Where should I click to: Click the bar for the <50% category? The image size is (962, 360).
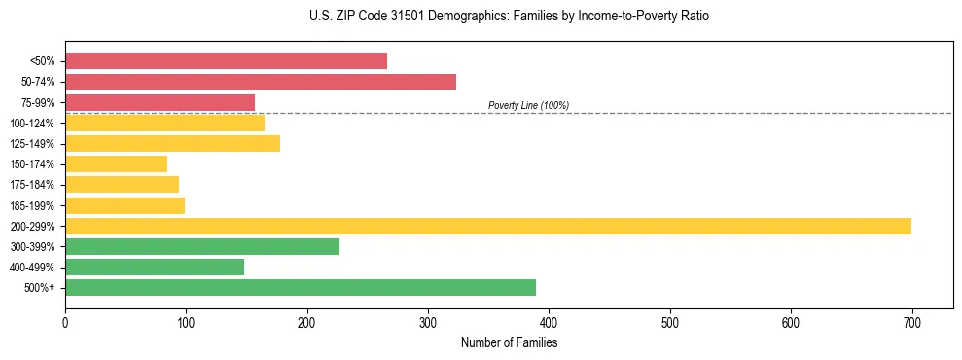pos(226,61)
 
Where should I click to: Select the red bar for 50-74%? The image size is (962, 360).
pos(261,82)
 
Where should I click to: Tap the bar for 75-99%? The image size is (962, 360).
pos(160,102)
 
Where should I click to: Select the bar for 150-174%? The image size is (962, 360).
pos(116,163)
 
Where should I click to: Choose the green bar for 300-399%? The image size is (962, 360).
pos(202,246)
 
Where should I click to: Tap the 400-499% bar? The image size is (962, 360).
pos(155,267)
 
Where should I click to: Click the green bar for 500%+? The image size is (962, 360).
pos(301,287)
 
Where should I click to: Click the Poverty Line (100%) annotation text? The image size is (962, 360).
pos(528,105)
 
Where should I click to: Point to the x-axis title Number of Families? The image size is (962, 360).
pos(509,343)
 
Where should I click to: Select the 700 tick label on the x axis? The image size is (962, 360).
pos(911,322)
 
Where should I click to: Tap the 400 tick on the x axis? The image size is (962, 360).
pos(549,322)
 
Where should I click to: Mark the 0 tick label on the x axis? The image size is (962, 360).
pos(65,322)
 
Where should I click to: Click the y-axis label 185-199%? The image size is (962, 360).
pos(32,205)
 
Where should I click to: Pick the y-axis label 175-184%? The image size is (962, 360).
pos(32,185)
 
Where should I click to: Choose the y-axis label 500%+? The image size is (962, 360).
pos(39,288)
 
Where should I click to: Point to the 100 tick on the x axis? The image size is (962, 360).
pos(186,322)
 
